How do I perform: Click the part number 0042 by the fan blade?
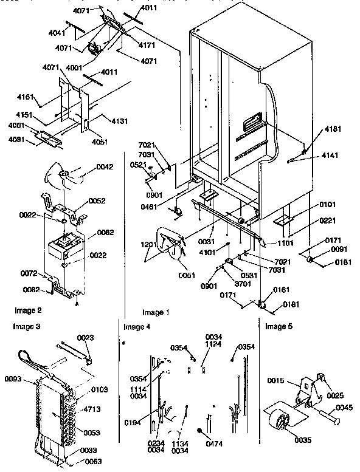click(x=105, y=167)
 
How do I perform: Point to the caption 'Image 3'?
click(x=26, y=327)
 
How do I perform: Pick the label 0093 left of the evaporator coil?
click(x=14, y=380)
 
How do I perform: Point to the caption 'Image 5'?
click(x=279, y=327)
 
